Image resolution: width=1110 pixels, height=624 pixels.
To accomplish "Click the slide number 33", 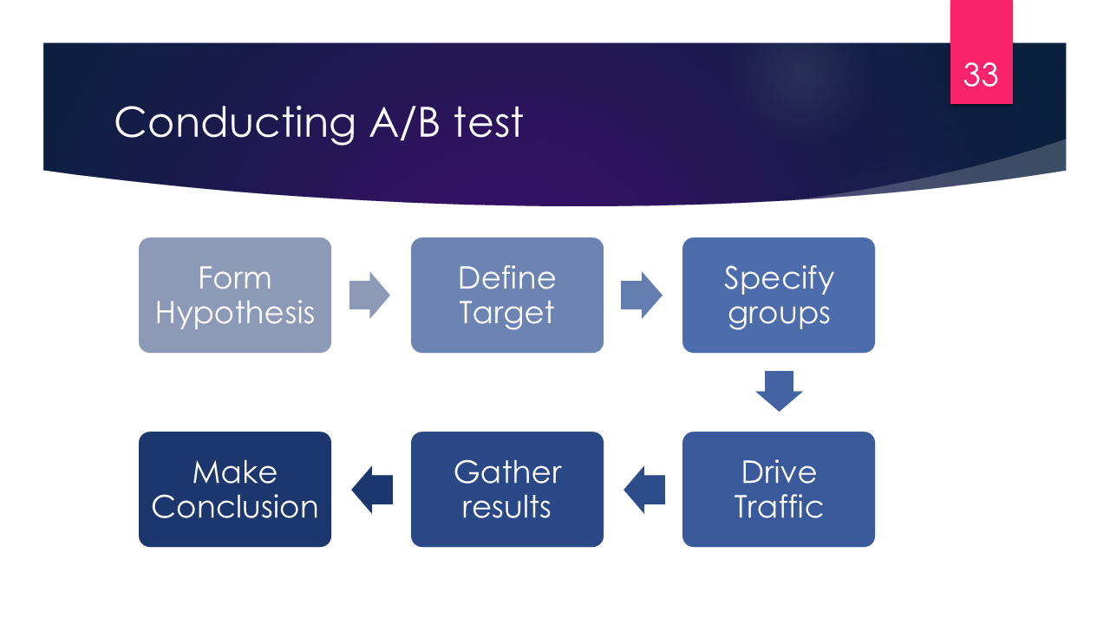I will pos(981,75).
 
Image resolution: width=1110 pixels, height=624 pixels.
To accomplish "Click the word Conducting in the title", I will pos(235,122).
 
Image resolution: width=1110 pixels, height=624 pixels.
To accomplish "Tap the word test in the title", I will pos(488,123).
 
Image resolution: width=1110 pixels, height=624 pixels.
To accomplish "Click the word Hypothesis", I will pos(235,313).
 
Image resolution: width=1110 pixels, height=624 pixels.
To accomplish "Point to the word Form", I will pos(235,278).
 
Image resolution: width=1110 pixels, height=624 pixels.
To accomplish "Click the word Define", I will pos(506,278).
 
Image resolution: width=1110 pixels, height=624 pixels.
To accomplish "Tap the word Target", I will pos(506,313).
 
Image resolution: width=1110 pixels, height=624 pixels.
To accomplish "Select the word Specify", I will pos(779,278).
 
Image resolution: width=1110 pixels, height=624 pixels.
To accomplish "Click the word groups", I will pos(779,314).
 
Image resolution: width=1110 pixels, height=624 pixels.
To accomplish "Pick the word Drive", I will pos(779,472).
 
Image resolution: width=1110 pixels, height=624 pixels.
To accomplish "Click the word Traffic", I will pos(779,507).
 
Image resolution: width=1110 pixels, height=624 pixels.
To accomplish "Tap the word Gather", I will pos(507,472).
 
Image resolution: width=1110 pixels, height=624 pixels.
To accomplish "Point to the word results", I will pos(506,507).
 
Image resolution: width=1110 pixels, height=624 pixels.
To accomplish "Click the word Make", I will pos(235,472).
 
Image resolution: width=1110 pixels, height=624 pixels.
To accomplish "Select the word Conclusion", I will pos(235,507).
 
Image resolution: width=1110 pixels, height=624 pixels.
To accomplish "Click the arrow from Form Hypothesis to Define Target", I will pos(369,295).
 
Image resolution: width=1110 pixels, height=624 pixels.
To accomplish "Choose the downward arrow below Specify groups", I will pos(779,391).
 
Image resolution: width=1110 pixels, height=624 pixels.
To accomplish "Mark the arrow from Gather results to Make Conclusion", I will pos(372,489).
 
